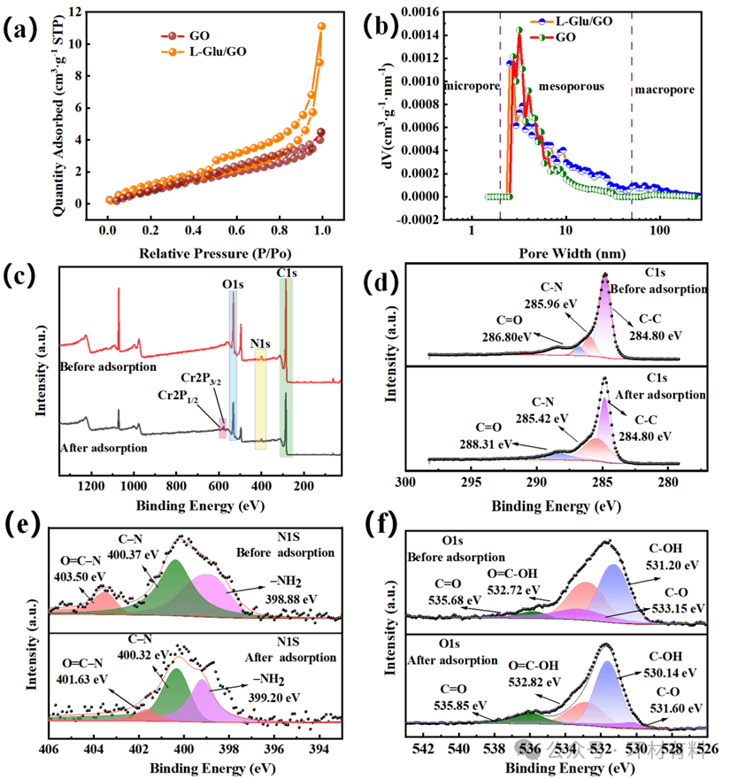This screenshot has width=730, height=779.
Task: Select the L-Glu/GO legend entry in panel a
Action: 216,51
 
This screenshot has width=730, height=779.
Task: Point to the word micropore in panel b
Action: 471,88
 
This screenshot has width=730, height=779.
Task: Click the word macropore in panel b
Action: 665,89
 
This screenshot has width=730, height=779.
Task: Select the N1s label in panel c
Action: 260,343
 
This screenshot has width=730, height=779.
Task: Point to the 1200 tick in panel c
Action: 89,485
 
